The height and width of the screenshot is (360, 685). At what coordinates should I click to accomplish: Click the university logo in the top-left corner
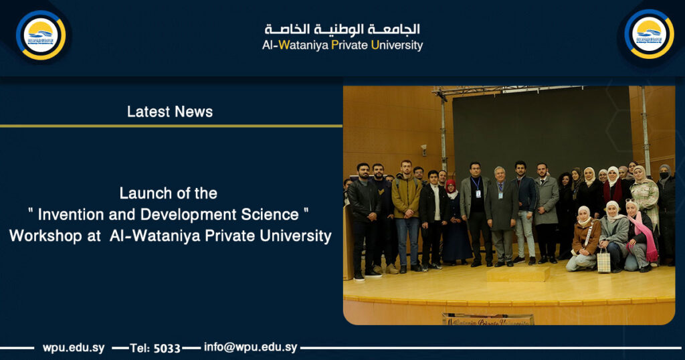coord(41,35)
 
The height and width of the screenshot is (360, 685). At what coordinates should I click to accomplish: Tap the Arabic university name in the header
coord(342,29)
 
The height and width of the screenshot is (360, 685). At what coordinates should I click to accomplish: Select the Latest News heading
coord(170,112)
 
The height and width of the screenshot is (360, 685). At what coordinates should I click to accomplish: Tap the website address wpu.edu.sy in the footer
coord(74,348)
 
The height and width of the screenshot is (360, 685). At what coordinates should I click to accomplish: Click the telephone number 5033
coord(167,348)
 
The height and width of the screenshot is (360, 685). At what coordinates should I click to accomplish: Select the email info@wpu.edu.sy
coord(251,347)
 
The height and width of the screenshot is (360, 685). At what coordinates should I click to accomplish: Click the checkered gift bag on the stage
coord(603,260)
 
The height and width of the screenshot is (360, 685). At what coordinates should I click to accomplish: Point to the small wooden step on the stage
coord(518,273)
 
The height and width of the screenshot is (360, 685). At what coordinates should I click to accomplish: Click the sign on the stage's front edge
coord(488,319)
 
